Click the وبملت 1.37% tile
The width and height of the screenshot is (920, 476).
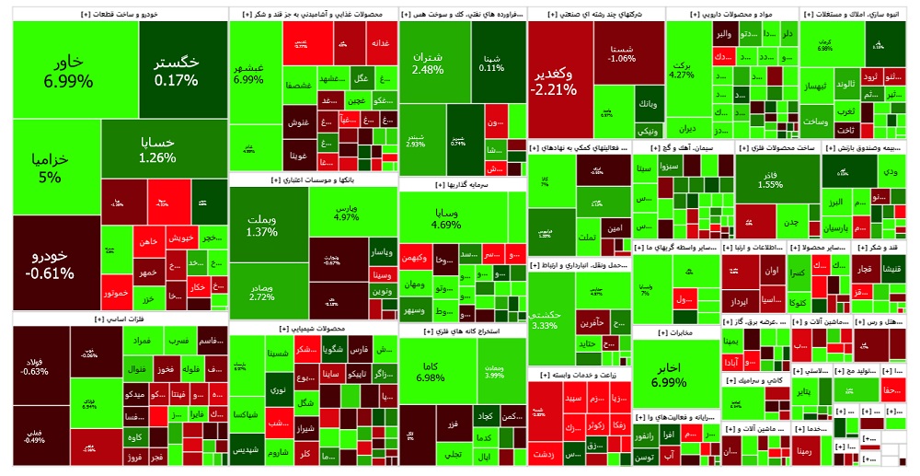(x=261, y=225)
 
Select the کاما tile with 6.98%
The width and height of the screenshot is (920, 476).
(x=431, y=371)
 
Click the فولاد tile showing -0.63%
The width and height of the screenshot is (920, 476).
(x=37, y=366)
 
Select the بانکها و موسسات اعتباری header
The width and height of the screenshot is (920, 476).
(x=313, y=180)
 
